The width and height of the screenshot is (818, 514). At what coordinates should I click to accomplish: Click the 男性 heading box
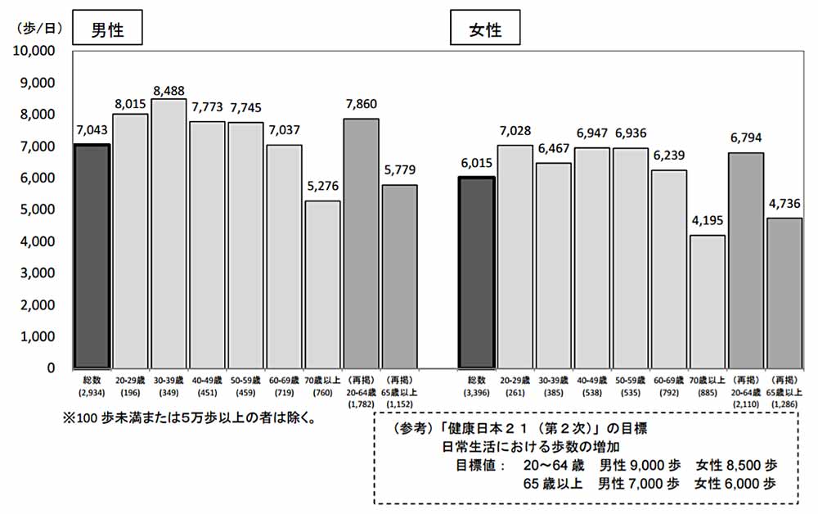point(107,30)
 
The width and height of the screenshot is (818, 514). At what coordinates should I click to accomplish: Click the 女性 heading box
point(484,30)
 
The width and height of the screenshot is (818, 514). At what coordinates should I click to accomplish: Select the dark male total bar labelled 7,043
point(92,256)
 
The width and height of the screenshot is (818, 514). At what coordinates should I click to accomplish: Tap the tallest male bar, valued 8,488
point(169,233)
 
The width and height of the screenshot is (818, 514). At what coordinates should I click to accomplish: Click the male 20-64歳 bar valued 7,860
point(362,243)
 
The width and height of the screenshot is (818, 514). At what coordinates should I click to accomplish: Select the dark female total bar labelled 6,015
point(477,273)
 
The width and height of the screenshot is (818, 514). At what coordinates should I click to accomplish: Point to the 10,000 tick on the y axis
point(34,51)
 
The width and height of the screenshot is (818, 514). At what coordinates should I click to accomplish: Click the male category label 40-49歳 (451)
point(207,385)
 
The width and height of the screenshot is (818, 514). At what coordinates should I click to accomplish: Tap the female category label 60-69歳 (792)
point(668,385)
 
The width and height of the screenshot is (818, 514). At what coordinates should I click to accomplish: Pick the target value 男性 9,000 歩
point(640,464)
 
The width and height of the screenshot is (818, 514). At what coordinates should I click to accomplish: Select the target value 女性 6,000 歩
point(735,483)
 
